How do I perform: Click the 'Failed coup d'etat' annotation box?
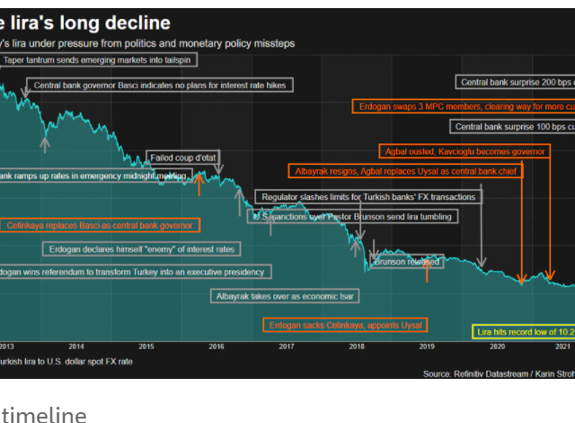tap(183, 157)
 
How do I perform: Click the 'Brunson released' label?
tap(407, 262)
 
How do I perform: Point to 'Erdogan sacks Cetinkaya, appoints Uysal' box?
tap(346, 325)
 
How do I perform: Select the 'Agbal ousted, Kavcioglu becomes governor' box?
tap(464, 151)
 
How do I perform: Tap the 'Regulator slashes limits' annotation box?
tap(367, 196)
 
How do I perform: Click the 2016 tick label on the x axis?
tap(217, 346)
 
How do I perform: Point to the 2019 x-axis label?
tap(427, 346)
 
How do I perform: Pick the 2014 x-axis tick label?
tap(76, 346)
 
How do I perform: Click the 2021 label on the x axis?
tap(563, 346)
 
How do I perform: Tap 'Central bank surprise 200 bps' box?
tap(516, 83)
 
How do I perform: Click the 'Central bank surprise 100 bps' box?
tap(512, 127)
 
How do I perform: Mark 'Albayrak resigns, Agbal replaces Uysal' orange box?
tap(406, 170)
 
